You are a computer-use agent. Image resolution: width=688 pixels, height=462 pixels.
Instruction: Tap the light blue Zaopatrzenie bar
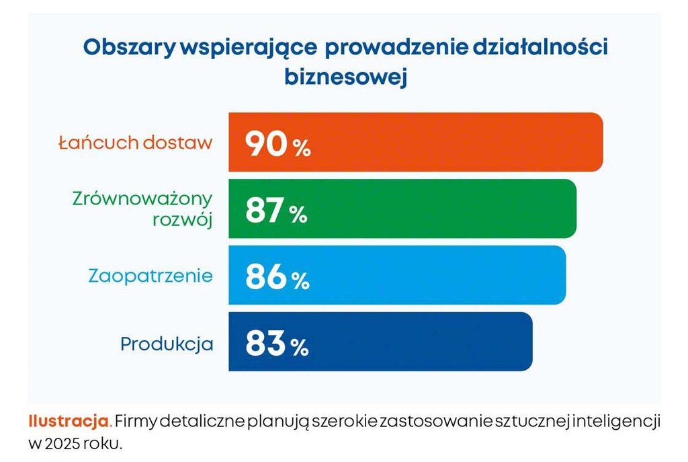[x=437, y=275]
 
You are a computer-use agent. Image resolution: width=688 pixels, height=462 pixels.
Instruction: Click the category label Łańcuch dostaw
[x=135, y=143]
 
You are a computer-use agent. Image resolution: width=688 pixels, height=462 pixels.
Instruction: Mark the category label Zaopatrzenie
[x=150, y=276]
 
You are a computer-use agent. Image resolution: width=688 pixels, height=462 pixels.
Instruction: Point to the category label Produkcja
[x=167, y=344]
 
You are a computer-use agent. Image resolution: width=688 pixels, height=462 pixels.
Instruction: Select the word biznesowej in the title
[x=346, y=76]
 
